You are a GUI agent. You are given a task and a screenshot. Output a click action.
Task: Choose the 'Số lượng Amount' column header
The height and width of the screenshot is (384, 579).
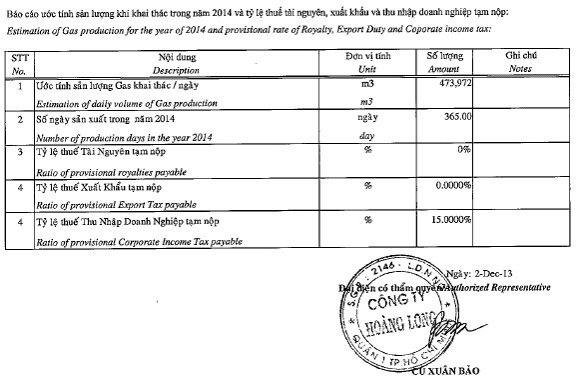[443, 65]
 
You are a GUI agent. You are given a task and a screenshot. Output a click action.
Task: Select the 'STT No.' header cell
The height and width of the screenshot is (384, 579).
[17, 65]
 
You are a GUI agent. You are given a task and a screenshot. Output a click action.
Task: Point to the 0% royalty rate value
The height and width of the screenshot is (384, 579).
[461, 151]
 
